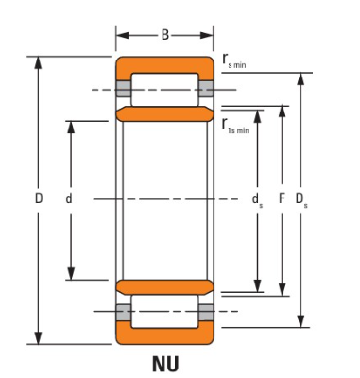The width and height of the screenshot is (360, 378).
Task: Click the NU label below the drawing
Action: pos(165,364)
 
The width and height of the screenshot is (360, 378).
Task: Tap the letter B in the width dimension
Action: pos(165,35)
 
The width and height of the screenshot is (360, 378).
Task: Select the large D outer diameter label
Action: pos(39,198)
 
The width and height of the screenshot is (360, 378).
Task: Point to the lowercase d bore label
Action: pos(69,198)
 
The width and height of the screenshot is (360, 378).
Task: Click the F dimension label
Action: pos(282,198)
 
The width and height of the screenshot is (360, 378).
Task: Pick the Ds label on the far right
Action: pos(301,199)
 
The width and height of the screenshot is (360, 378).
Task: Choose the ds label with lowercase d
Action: pos(257,200)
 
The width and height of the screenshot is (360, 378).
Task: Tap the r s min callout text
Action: pos(234,60)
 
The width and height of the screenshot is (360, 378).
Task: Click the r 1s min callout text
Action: pos(235,126)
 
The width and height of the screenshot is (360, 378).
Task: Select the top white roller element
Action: pos(164,90)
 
